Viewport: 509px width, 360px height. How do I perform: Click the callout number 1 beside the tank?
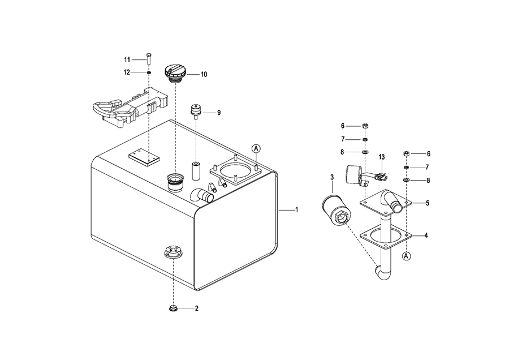(296, 210)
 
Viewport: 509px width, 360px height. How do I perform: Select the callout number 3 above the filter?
(332, 177)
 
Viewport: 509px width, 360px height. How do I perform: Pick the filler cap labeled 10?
(175, 74)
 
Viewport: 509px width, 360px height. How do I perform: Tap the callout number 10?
(204, 74)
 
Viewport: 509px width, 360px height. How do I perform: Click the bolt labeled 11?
(149, 59)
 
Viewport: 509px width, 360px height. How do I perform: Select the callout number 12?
(127, 72)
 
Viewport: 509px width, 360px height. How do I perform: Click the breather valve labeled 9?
(196, 112)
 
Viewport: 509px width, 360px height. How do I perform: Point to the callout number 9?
(219, 113)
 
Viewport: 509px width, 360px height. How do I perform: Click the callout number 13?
(381, 157)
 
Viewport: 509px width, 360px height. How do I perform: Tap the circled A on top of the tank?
(256, 148)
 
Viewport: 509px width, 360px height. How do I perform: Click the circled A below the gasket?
(406, 256)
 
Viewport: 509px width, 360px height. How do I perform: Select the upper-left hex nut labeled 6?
(365, 126)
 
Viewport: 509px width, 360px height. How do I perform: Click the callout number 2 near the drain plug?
(196, 308)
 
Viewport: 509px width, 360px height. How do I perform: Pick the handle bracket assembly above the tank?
(131, 108)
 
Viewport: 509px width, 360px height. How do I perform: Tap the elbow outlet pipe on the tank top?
(202, 195)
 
